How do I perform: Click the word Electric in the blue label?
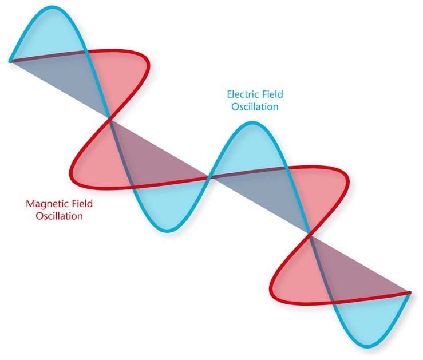pos(242,94)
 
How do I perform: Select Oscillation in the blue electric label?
pos(255,107)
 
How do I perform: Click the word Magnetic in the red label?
pos(47,204)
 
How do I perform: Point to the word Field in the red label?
pos(82,204)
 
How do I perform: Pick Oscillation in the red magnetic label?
pos(60,216)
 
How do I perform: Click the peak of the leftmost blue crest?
pos(53,6)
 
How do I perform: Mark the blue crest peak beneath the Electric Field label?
pos(253,122)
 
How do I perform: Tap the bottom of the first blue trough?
pos(167,231)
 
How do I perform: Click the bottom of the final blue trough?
pos(370,347)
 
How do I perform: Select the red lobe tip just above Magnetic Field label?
pos(71,173)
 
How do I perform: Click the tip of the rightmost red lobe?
pos(349,180)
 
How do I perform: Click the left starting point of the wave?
pos(10,61)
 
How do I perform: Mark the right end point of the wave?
pos(409,293)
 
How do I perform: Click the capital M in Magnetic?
pos(30,204)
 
